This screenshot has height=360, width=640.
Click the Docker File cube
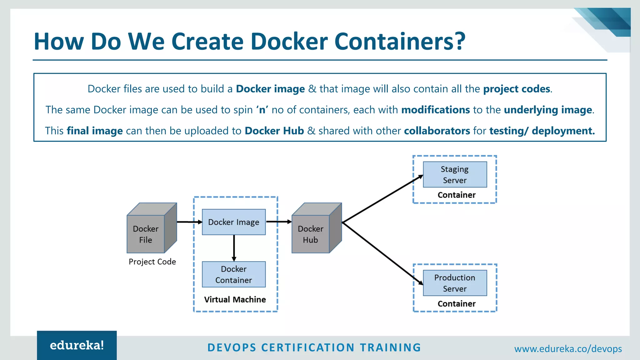point(146,234)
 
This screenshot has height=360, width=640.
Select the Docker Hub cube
point(311,234)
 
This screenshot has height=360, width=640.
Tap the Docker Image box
point(234,222)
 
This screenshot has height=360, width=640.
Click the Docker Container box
point(234,274)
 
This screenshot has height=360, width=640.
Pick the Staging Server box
point(455,175)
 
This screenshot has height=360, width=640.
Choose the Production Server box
point(455,283)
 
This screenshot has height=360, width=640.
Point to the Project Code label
point(152,262)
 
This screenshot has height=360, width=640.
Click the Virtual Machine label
point(235,299)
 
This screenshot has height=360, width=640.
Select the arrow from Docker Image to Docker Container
point(234,247)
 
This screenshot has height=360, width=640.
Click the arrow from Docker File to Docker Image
point(189,222)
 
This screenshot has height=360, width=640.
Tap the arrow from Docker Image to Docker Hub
point(278,222)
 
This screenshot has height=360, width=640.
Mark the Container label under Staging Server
point(457,195)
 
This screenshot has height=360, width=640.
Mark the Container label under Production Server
point(457,304)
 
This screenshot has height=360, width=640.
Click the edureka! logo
point(77,345)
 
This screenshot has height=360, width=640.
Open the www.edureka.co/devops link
point(568,349)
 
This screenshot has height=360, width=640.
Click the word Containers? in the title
point(400,41)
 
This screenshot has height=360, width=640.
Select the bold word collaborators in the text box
point(437,131)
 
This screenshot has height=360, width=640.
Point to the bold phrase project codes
point(517,89)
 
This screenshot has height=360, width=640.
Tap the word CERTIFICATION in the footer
point(308,347)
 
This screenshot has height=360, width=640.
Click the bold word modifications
point(435,110)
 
